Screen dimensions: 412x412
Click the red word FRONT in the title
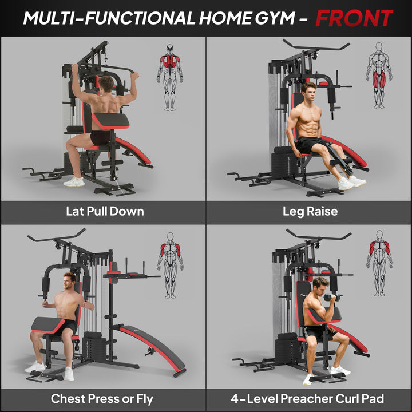(x=354, y=18)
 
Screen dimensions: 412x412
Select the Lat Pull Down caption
(x=105, y=211)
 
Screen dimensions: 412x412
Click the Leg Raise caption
(x=310, y=211)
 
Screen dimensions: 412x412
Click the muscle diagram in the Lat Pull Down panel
(x=170, y=77)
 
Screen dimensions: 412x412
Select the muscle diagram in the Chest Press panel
(x=171, y=264)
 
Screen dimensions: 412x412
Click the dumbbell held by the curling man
(x=331, y=298)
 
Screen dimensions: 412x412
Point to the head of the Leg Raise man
(x=309, y=91)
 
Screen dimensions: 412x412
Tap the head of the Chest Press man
(x=69, y=282)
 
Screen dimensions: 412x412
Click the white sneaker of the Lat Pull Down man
(x=74, y=181)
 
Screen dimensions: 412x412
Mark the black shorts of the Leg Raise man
(x=307, y=145)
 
